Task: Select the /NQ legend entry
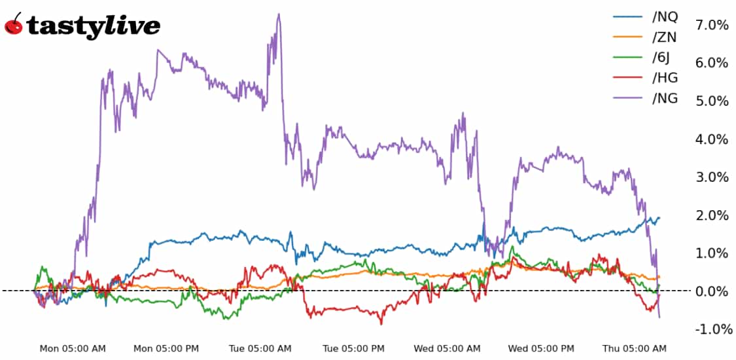tap(664, 17)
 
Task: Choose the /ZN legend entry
tap(664, 37)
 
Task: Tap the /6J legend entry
tap(661, 58)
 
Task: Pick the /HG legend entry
tap(665, 78)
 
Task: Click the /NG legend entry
tap(665, 98)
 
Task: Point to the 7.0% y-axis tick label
tap(712, 25)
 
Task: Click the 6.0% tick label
tap(712, 63)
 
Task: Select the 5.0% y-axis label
tap(712, 101)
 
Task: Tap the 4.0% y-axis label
tap(712, 139)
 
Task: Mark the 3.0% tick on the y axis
tap(712, 177)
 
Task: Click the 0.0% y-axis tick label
tap(712, 291)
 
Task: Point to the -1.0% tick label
tap(710, 329)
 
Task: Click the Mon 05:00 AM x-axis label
tap(73, 348)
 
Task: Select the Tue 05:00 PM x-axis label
tap(354, 348)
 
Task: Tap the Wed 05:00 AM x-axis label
tap(447, 348)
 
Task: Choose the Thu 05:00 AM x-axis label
tap(634, 348)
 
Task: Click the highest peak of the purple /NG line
tap(279, 14)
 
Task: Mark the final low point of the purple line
tap(659, 317)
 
